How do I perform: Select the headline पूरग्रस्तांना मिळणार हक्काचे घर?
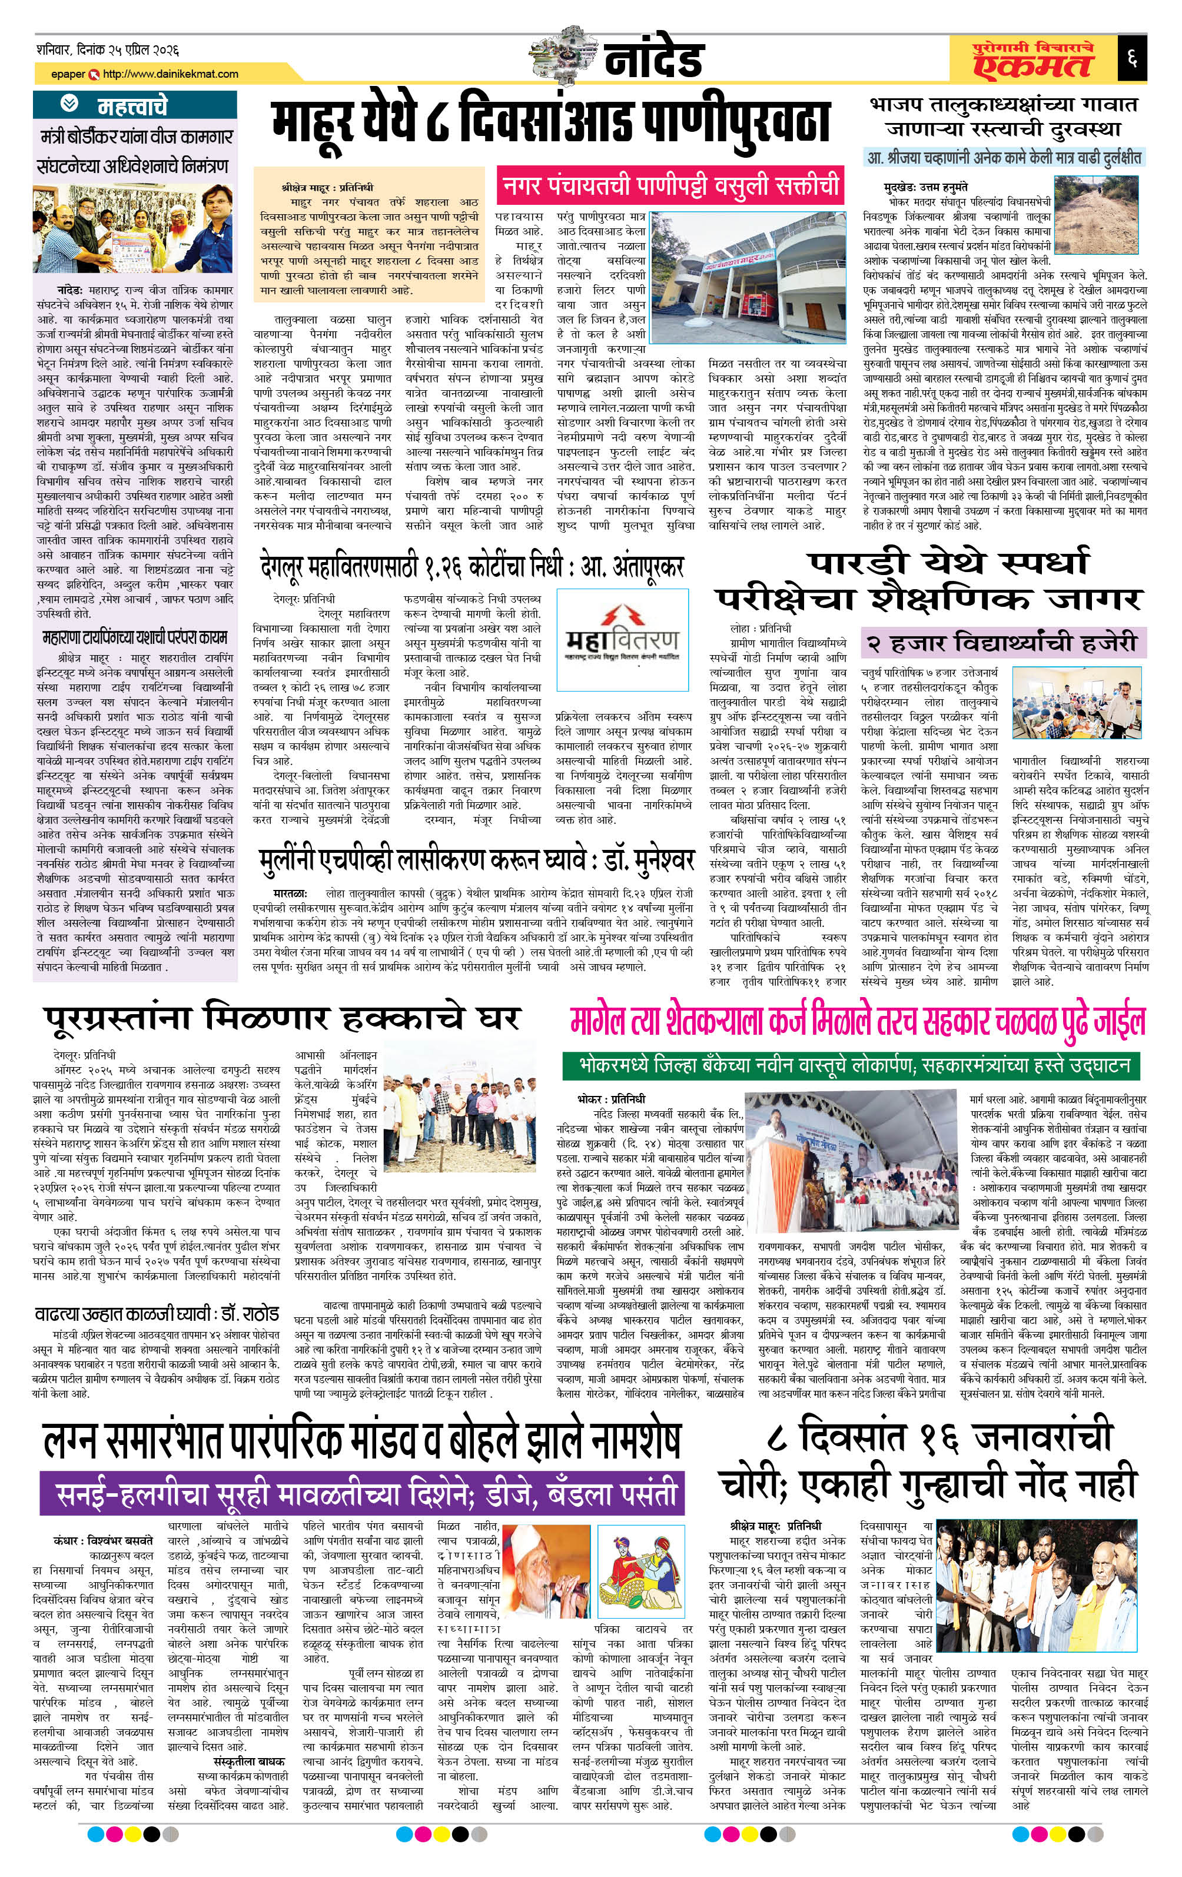(x=281, y=1019)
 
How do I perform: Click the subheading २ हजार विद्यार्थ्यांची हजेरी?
(x=1002, y=643)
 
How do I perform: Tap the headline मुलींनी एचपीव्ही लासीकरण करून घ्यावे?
(x=476, y=860)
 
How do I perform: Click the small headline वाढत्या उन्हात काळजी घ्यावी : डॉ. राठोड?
(x=157, y=1314)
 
